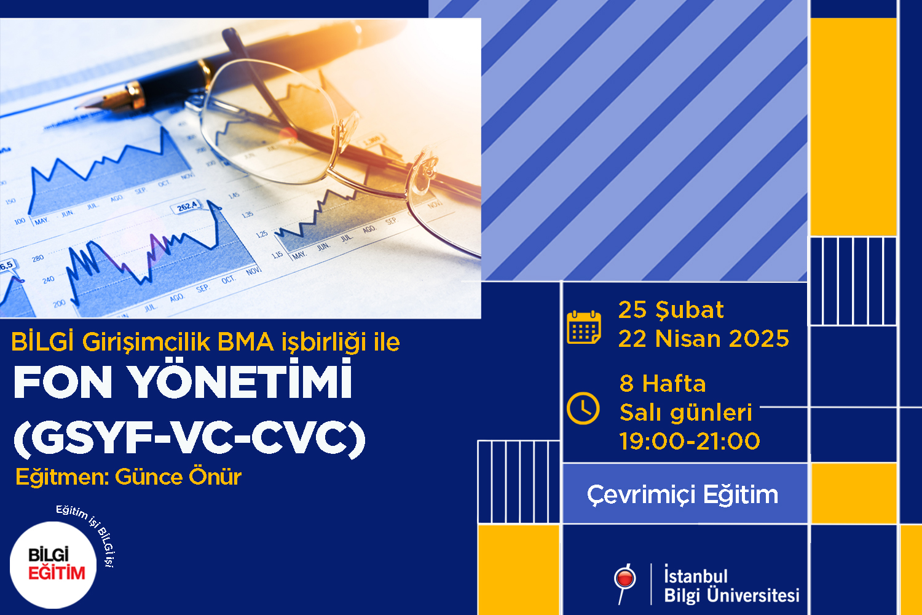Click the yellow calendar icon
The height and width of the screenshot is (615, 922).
click(x=584, y=327)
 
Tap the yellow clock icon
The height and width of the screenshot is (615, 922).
click(x=583, y=408)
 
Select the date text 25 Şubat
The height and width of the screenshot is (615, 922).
click(x=671, y=310)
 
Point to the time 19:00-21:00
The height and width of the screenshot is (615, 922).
click(x=690, y=441)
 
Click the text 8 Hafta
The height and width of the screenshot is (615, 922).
click(x=663, y=384)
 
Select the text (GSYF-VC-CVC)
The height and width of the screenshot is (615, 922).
click(x=189, y=438)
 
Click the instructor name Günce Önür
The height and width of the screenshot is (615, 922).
click(x=178, y=477)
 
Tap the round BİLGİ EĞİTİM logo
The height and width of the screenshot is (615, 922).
click(x=53, y=565)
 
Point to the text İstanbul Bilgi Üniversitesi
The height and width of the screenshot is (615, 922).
click(x=731, y=584)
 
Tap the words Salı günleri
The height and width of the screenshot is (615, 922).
click(x=686, y=412)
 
